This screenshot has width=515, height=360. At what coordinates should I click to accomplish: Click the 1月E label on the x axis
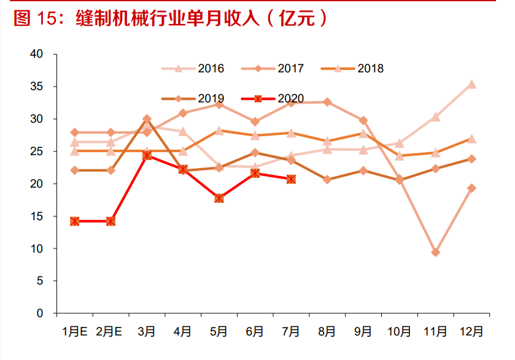coord(74,332)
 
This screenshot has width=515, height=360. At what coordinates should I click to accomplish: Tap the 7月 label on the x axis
coord(291,332)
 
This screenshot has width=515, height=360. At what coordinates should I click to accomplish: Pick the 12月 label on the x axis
coord(471,332)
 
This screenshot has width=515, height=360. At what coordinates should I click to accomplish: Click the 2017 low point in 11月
coord(435,252)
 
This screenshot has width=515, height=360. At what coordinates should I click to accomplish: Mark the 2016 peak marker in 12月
coord(471,85)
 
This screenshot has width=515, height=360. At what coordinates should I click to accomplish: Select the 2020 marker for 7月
coord(291,179)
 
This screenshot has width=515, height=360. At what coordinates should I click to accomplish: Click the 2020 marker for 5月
coord(219,198)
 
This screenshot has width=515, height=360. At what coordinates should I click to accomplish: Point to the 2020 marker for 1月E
coord(75,221)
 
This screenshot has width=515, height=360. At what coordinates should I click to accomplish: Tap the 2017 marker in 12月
coord(471,188)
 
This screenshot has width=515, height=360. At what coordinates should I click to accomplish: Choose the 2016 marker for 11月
coord(435,117)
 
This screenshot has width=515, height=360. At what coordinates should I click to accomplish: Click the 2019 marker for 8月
coord(327,180)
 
